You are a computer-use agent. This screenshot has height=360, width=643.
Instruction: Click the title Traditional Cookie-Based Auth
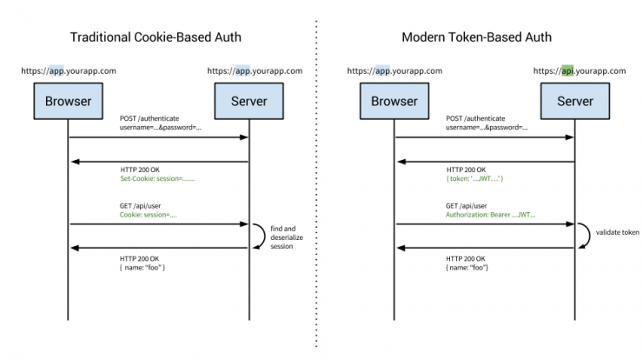(156, 37)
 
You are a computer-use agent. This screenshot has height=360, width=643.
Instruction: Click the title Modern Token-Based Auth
(476, 37)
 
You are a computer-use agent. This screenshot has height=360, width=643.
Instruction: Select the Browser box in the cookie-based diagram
(69, 102)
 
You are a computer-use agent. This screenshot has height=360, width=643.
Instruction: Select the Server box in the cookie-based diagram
(249, 102)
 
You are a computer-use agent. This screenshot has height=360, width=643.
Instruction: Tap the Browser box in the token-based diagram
(394, 102)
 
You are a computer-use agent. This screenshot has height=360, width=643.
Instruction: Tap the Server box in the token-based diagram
(575, 102)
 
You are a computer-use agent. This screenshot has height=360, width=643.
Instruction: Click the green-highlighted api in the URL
(567, 70)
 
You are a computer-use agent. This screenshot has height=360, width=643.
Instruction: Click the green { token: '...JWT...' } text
(475, 178)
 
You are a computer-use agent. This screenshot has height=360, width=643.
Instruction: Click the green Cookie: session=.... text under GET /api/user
(148, 215)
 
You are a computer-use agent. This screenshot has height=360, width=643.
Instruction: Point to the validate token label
(617, 232)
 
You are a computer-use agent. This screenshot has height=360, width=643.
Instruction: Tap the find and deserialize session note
(287, 237)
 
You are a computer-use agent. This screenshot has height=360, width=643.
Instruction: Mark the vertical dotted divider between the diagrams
(316, 183)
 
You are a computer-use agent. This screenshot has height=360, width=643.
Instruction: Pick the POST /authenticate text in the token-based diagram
(475, 118)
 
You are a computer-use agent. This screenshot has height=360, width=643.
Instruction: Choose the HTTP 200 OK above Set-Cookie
(140, 170)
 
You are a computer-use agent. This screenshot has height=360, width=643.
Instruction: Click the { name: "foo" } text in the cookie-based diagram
(143, 268)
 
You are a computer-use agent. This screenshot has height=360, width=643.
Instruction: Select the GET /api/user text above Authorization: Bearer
(467, 206)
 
